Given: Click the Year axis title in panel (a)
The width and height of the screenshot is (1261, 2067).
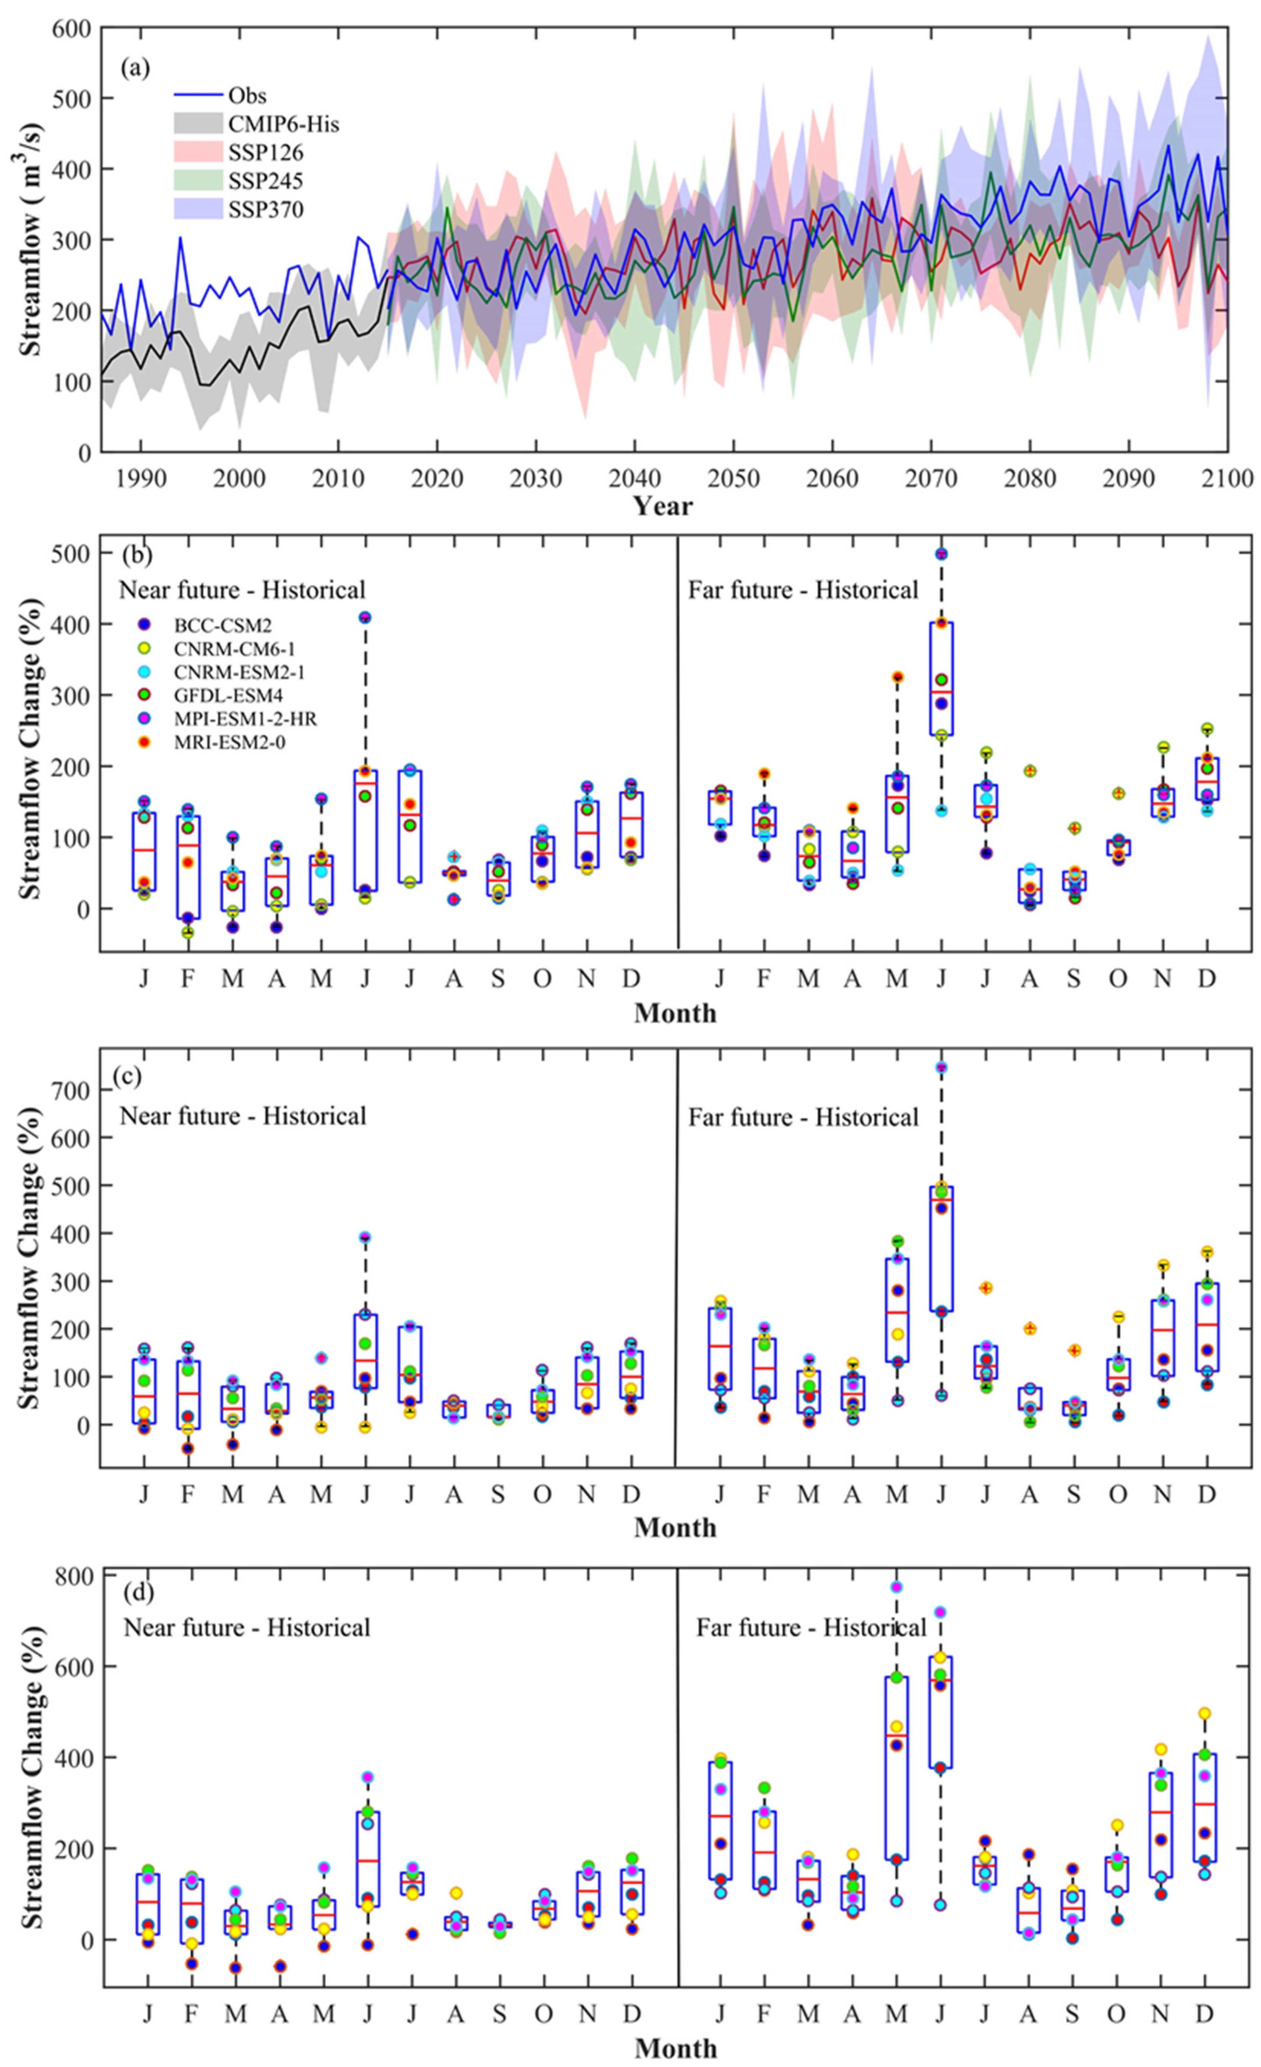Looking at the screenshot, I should click(x=662, y=506).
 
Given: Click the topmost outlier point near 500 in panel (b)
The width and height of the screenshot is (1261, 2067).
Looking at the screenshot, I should click(x=941, y=554).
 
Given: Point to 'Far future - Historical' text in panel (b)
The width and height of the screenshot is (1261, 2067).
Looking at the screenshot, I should click(x=803, y=590).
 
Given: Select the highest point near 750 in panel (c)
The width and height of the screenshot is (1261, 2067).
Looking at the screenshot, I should click(x=941, y=1067).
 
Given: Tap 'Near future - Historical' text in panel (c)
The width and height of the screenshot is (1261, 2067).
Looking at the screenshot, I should click(x=243, y=1117).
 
